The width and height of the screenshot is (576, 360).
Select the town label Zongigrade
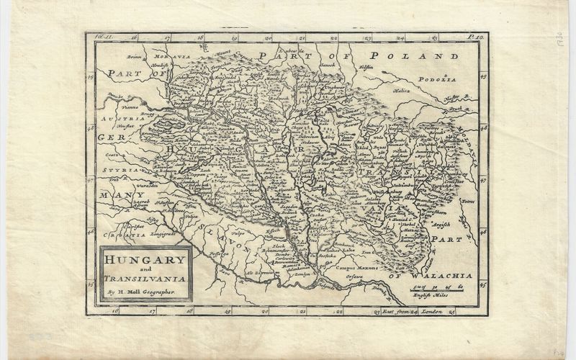[165, 234]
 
